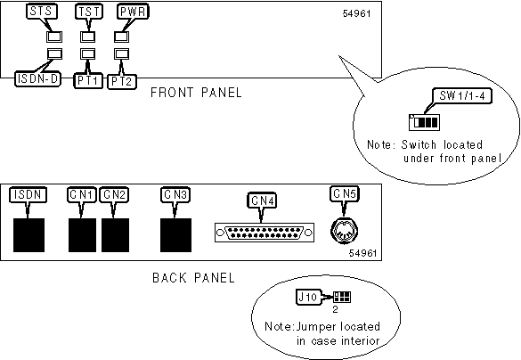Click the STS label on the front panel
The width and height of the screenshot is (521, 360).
41,12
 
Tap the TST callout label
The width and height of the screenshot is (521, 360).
88,12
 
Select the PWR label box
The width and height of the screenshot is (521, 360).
133,12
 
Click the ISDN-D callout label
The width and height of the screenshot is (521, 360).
37,79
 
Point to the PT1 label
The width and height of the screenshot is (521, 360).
87,81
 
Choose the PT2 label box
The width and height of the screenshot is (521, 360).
122,81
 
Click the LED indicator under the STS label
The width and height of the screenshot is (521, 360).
54,37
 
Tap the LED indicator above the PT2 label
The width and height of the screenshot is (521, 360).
121,53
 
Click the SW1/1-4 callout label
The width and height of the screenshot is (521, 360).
462,95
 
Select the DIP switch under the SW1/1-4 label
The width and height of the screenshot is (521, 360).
424,122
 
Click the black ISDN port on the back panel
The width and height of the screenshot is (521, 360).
28,235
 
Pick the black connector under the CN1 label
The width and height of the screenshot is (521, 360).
82,235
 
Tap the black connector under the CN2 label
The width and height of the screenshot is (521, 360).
115,235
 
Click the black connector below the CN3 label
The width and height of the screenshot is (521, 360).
175,235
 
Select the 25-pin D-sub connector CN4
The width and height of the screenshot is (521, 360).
265,233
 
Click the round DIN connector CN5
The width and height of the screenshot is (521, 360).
345,231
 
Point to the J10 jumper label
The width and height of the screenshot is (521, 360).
307,297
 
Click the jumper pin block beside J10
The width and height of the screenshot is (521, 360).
342,297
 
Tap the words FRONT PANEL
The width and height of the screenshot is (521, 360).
196,93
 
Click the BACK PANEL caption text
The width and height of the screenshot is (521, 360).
193,277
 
